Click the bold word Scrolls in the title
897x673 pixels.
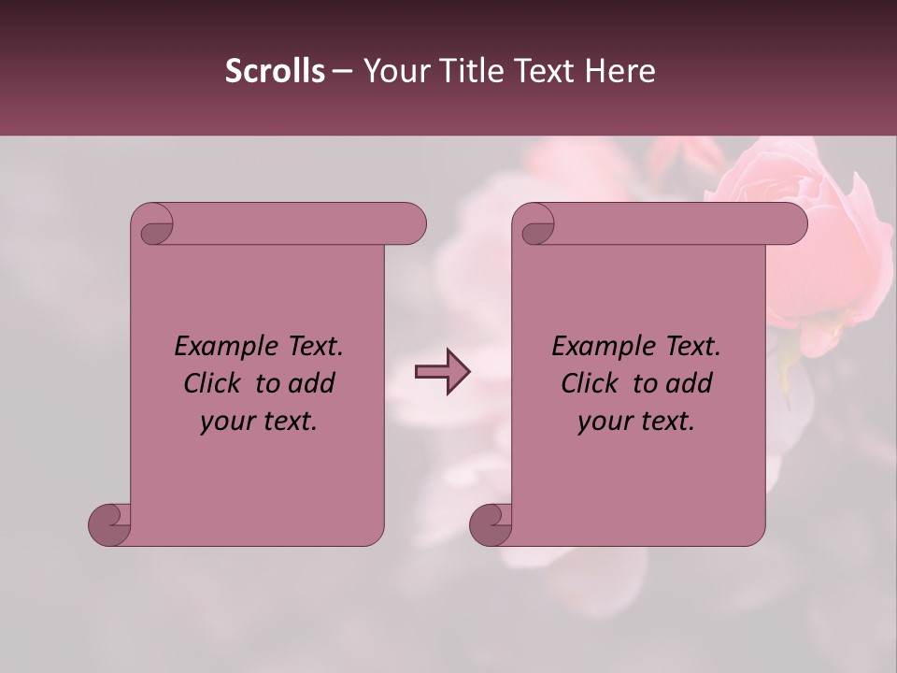coord(275,71)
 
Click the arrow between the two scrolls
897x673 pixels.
coord(442,372)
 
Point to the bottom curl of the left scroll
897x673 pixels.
coord(110,524)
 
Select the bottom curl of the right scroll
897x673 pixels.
coord(491,524)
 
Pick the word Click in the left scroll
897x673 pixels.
coord(214,384)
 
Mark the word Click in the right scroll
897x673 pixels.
coord(591,384)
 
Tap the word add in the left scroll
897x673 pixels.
coord(312,384)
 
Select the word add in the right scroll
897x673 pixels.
coord(690,384)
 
